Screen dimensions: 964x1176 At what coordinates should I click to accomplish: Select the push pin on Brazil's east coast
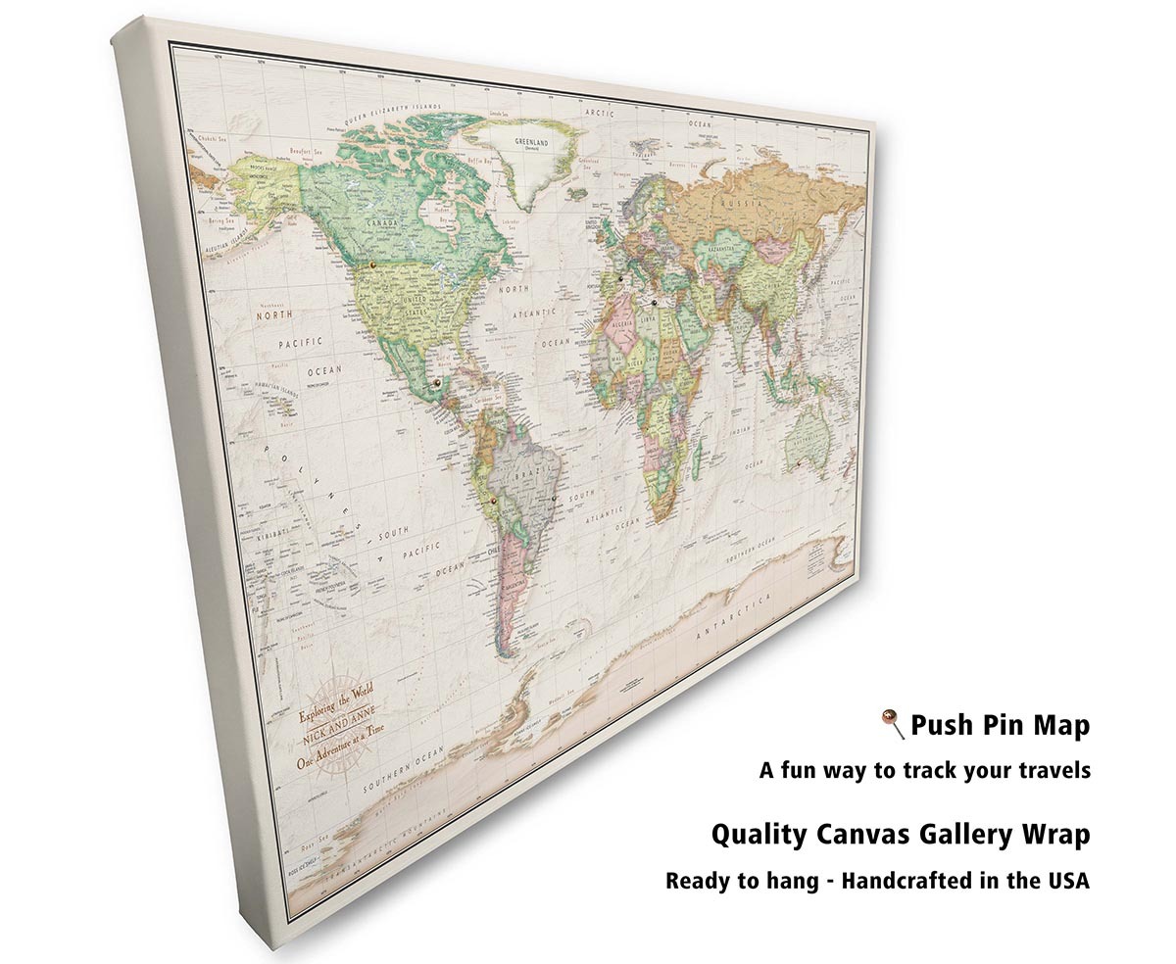click(554, 498)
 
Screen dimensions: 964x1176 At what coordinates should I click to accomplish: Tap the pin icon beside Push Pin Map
click(892, 725)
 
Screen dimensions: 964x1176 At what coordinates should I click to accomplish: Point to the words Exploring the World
click(337, 704)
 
